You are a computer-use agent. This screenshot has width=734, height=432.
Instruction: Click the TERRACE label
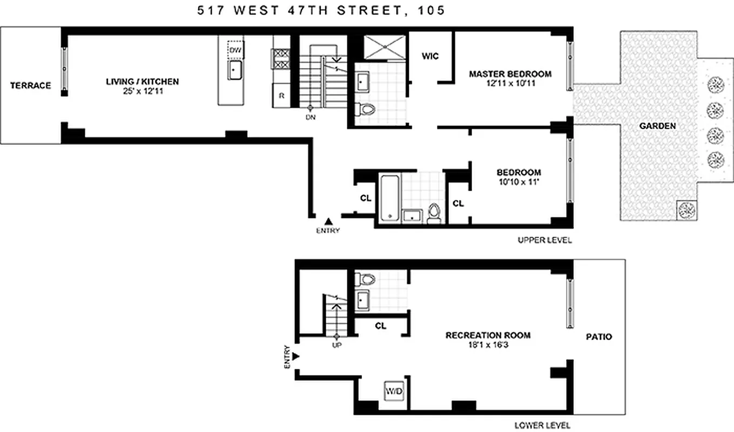31,85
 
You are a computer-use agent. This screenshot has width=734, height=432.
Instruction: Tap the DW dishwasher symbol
235,50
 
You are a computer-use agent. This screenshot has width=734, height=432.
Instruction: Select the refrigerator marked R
281,96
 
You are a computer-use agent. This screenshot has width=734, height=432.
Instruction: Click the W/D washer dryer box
394,391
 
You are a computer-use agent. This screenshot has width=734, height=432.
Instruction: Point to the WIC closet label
430,56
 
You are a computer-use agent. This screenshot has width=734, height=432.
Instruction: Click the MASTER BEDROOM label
510,74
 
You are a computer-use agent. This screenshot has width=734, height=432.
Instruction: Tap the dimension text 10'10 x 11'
518,182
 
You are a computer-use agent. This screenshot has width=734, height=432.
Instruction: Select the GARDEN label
657,126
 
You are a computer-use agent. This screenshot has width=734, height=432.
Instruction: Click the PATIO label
598,337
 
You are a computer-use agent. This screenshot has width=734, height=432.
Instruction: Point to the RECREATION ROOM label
488,335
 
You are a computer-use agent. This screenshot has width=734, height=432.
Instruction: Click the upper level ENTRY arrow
328,221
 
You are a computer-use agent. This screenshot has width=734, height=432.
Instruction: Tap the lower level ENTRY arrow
295,356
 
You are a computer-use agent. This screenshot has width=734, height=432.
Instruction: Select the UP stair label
338,345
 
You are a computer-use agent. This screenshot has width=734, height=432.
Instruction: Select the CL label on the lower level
380,326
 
